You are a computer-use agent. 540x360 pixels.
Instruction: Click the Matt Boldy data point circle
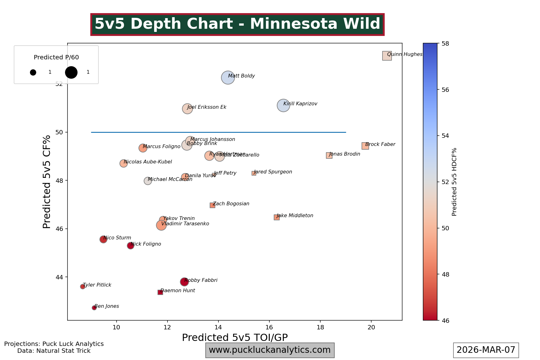coord(228,77)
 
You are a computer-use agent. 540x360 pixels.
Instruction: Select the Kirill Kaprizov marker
coord(283,106)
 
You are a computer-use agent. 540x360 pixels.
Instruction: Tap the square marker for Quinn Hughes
coord(387,56)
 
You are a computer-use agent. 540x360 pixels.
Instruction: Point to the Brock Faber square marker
coord(365,146)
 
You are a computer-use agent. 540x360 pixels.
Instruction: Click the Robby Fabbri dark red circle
coord(184,282)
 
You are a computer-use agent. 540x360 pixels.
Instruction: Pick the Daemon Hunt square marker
coord(160,292)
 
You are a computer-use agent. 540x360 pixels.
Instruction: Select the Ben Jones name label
coord(107,306)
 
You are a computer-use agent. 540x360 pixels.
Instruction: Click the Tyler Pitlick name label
coord(97,285)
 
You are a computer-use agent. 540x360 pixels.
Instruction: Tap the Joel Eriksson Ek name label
coord(207,107)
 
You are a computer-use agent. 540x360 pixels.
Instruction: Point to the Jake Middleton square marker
coord(277,217)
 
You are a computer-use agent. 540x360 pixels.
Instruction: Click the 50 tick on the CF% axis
coord(59,132)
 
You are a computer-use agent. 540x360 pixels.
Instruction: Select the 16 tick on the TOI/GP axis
coord(269,327)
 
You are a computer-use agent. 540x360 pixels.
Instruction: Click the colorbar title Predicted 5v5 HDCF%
coord(454,182)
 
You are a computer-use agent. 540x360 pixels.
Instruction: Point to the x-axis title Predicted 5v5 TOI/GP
coord(235,337)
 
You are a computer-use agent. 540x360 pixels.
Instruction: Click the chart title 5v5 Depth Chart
coord(237,24)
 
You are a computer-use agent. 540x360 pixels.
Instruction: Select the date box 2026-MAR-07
coord(486,350)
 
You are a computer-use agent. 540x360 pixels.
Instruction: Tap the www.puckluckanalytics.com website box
coord(270,350)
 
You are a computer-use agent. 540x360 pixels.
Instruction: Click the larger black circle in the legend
coord(71,72)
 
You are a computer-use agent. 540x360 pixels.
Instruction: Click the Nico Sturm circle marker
coord(103,239)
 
